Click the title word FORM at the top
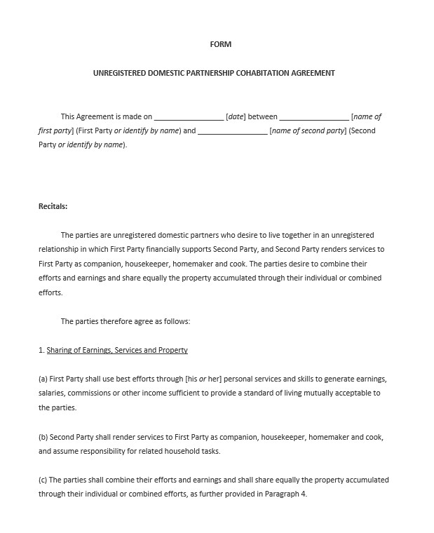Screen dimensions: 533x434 click(x=220, y=44)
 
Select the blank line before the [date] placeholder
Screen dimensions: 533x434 click(x=189, y=117)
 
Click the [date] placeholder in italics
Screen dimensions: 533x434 click(x=236, y=117)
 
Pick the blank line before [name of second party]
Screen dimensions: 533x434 click(x=232, y=131)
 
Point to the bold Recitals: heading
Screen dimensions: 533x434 click(x=53, y=206)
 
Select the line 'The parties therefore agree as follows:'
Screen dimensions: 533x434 click(x=126, y=321)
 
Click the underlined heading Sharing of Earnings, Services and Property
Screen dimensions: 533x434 click(x=117, y=350)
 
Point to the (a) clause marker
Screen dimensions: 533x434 click(x=43, y=379)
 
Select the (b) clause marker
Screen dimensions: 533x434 click(x=43, y=437)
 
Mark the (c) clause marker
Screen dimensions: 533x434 click(x=43, y=480)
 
